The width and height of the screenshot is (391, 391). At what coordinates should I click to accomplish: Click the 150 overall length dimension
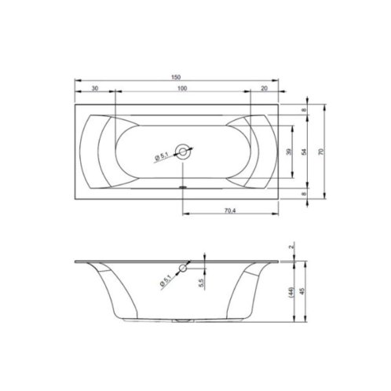[x=176, y=77]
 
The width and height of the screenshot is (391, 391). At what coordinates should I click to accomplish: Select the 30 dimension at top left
[x=95, y=88]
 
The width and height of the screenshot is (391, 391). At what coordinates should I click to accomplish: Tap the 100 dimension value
[x=182, y=88]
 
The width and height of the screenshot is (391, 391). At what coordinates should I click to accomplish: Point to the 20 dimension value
[x=265, y=88]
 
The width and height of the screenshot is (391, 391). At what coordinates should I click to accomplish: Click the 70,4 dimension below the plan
[x=230, y=210]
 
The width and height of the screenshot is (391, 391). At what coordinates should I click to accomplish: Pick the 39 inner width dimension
[x=289, y=152]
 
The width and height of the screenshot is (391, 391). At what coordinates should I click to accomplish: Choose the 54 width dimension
[x=304, y=152]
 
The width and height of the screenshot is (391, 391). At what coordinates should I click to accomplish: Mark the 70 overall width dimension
[x=321, y=152]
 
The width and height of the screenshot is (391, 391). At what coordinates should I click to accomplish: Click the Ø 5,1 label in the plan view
[x=162, y=157]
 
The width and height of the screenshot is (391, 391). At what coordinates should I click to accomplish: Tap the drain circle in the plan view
[x=183, y=152]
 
